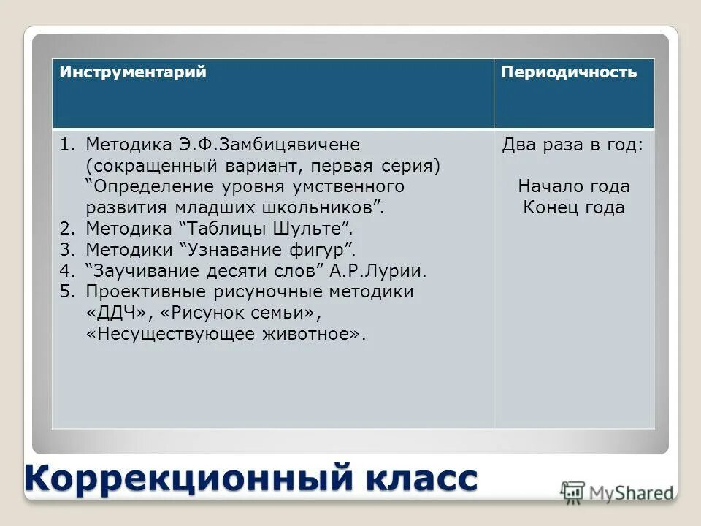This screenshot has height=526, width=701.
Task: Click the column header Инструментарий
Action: [x=133, y=72]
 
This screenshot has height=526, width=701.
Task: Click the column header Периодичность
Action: [x=569, y=72]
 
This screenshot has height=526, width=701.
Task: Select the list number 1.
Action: [x=67, y=145]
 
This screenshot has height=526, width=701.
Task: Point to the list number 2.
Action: [x=67, y=228]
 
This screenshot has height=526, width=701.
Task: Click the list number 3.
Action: [x=67, y=249]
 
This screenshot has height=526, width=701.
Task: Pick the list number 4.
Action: [x=67, y=270]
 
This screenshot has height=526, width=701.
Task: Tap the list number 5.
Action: [x=67, y=291]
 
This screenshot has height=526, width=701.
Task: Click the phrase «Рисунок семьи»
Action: [x=238, y=313]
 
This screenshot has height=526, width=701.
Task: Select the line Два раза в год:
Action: [x=573, y=145]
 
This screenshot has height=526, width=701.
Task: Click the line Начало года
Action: [x=573, y=186]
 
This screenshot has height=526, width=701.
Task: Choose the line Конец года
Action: [x=573, y=207]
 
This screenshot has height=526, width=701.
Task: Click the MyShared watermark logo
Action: [x=617, y=492]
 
